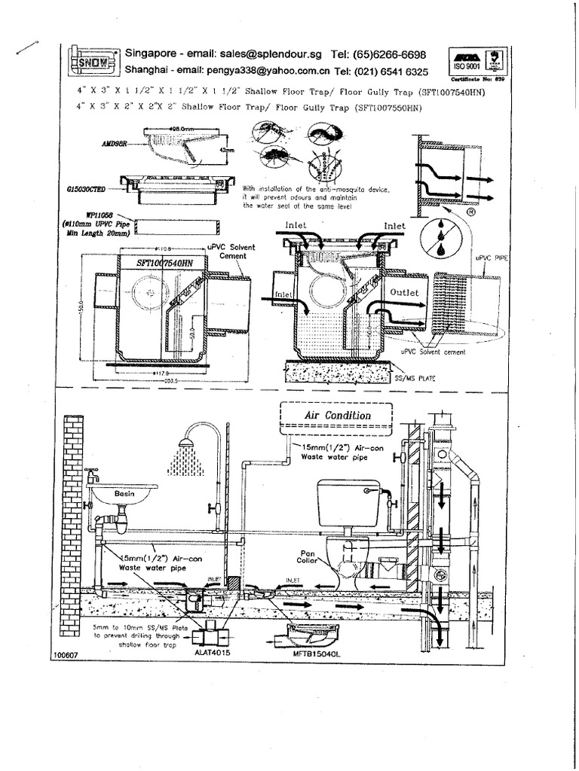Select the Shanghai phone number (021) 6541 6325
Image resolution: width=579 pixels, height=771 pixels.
point(381,71)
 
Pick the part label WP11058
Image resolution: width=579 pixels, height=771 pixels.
point(96,215)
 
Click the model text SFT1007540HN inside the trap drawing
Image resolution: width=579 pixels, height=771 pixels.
point(164,264)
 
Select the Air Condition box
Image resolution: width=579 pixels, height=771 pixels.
point(337,415)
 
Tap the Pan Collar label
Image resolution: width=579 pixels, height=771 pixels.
point(309,556)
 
